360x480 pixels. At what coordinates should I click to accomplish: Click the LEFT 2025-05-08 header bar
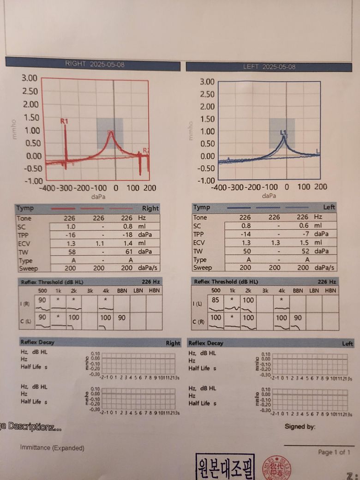[269, 67]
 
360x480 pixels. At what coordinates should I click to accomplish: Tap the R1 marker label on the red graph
[65, 121]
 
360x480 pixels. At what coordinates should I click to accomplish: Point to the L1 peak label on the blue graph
[283, 132]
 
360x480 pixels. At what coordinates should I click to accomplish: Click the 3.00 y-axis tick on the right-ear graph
[29, 78]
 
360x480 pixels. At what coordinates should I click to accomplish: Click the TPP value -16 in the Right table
[70, 235]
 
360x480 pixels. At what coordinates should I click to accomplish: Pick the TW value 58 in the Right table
[71, 252]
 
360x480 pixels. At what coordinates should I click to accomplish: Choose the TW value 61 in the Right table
[129, 252]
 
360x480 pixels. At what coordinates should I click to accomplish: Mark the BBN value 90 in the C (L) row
[121, 318]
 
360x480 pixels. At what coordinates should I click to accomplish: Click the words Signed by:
[300, 426]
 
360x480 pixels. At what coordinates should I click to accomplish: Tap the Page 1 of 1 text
[334, 452]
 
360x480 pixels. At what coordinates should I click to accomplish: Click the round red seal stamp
[276, 467]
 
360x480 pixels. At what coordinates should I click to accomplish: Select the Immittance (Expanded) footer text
[52, 448]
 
